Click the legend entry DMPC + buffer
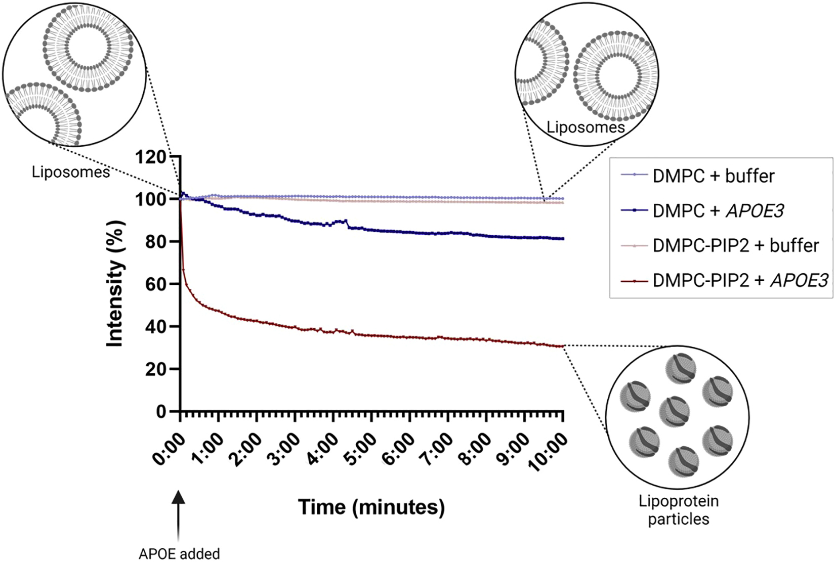[713, 176]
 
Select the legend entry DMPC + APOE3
[718, 210]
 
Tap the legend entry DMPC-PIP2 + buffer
[735, 245]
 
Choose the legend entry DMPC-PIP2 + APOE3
[740, 280]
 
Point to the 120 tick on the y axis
[151, 157]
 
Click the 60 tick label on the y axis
[157, 284]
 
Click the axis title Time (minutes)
[371, 507]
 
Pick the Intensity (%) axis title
[115, 284]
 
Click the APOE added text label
[179, 554]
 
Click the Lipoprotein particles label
[678, 510]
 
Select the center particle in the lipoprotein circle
[675, 411]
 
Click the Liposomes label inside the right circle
[586, 127]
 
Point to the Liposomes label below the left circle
[70, 172]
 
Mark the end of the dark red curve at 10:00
[562, 346]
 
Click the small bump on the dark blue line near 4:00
[345, 221]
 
